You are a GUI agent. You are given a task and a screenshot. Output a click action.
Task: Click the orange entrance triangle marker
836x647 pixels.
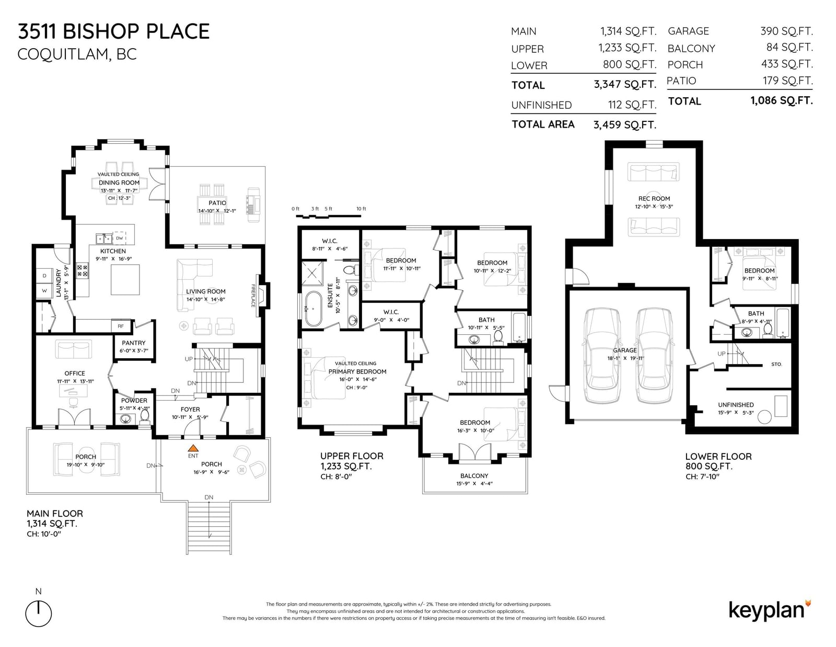[193, 448]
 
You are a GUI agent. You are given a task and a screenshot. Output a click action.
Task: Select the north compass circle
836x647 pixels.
[39, 613]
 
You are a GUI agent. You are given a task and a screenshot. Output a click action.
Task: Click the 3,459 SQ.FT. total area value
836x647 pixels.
[625, 125]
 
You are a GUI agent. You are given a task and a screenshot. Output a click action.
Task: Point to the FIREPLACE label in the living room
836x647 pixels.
[253, 296]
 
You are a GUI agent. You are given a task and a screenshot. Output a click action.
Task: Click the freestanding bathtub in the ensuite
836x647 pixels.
[313, 309]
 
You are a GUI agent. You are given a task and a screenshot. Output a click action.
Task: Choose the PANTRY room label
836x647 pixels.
[133, 343]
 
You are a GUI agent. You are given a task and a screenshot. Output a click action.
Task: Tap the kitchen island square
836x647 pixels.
[125, 280]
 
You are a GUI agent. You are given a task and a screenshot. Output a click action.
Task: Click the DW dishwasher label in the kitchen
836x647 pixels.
[120, 238]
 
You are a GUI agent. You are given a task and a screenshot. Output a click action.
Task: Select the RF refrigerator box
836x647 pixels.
[121, 326]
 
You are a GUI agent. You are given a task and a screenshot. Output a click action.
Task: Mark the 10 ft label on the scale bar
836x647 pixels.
[361, 209]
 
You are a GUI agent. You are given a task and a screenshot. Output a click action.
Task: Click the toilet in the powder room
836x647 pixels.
[145, 416]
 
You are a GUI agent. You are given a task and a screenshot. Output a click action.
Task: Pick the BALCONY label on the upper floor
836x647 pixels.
[474, 476]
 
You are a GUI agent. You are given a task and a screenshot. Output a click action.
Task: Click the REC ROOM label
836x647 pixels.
[654, 199]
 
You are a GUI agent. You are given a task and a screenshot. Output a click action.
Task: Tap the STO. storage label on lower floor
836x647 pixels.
[776, 365]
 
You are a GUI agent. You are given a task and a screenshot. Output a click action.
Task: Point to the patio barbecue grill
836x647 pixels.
[253, 205]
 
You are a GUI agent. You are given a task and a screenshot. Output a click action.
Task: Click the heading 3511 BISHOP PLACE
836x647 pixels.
[114, 31]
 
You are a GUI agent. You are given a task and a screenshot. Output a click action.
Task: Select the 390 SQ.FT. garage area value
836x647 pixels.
[786, 31]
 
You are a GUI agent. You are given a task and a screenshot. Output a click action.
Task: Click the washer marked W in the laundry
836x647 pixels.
[44, 291]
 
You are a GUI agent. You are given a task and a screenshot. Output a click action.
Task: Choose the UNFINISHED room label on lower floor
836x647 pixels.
[736, 405]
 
